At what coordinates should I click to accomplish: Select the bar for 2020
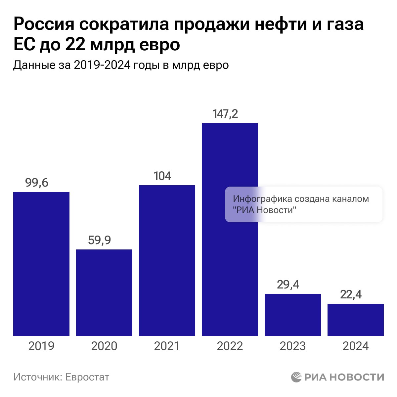point(104,292)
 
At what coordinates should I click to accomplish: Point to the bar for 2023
point(293,315)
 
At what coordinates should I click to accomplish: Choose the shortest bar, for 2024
point(356,320)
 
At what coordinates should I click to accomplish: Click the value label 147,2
point(225,114)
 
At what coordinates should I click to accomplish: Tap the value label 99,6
point(37,183)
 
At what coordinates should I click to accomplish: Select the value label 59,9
point(100,240)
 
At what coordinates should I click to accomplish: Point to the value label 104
point(162,176)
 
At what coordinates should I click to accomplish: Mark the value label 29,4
point(288,285)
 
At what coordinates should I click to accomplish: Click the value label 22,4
point(351,294)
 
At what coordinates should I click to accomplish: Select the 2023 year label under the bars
point(293,346)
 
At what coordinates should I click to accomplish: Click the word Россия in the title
point(43,24)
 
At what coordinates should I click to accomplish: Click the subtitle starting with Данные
point(121,65)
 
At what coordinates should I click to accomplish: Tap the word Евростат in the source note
point(87,377)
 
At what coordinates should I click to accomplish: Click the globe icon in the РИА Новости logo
point(296,377)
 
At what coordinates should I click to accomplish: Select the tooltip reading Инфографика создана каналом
point(304,204)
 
